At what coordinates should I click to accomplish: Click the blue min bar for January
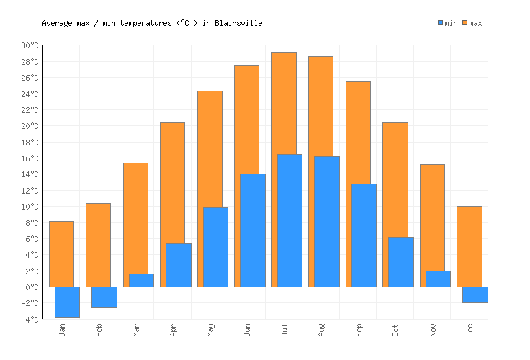pyautogui.click(x=67, y=302)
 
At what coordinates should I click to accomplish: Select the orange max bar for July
pyautogui.click(x=284, y=101)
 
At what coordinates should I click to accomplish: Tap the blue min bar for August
pyautogui.click(x=326, y=221)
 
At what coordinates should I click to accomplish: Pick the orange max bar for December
pyautogui.click(x=469, y=245)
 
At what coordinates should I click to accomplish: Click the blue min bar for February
pyautogui.click(x=104, y=297)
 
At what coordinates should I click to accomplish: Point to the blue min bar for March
pyautogui.click(x=141, y=280)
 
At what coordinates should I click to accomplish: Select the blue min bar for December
pyautogui.click(x=475, y=294)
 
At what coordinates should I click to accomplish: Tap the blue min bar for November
pyautogui.click(x=438, y=279)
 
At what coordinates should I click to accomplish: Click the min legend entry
pyautogui.click(x=447, y=23)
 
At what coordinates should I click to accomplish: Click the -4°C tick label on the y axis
pyautogui.click(x=30, y=319)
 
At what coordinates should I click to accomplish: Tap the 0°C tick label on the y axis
pyautogui.click(x=32, y=287)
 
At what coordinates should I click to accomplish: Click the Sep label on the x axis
pyautogui.click(x=359, y=330)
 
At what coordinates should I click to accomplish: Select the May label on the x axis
pyautogui.click(x=210, y=330)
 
